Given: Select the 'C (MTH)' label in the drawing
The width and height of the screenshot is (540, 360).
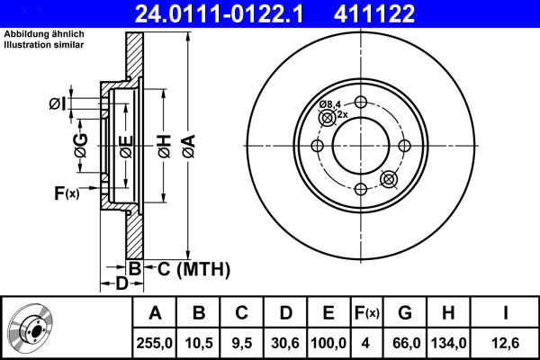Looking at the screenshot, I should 194,269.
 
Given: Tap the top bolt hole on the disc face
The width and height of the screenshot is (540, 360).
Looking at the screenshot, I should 361,102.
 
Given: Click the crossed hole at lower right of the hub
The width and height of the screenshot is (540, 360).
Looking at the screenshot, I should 390,179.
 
